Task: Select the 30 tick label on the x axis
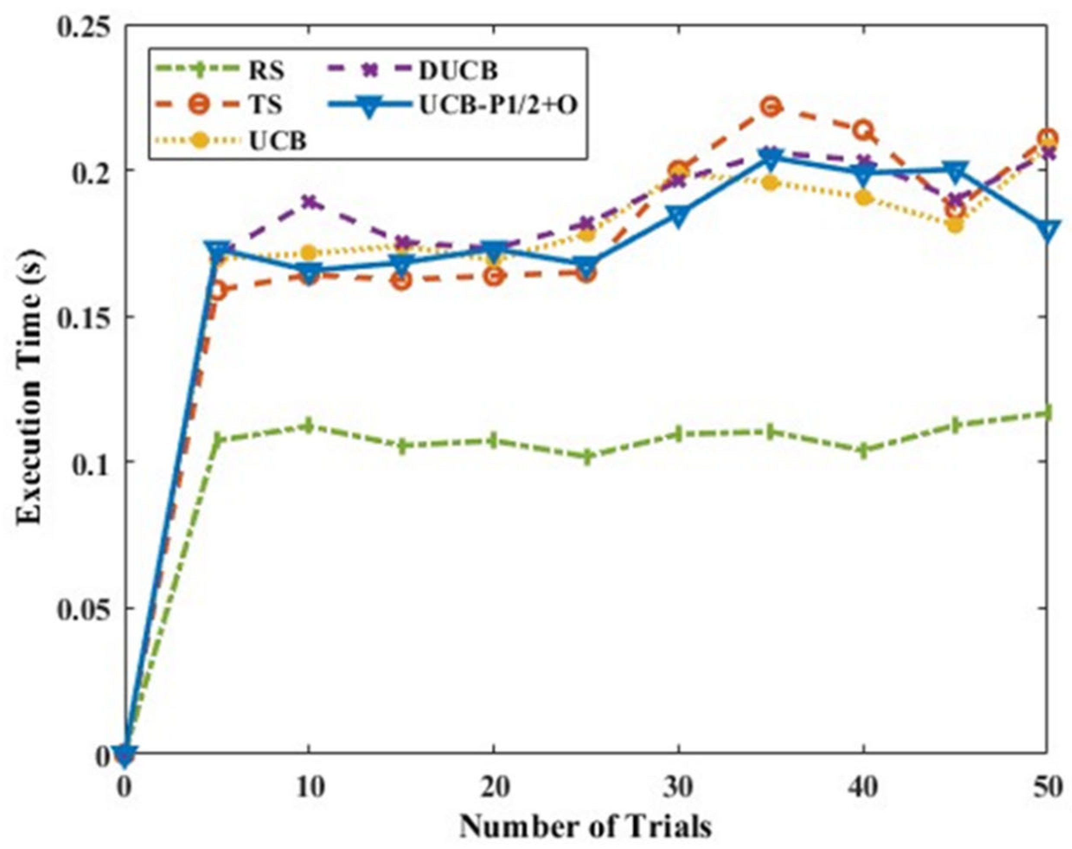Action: point(678,788)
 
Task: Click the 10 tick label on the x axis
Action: point(309,788)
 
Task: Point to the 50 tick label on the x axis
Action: point(1046,788)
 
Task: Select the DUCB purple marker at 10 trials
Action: point(309,201)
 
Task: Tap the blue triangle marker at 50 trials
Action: point(1046,229)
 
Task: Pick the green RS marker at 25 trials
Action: point(586,456)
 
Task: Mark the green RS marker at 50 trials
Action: point(1046,413)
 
